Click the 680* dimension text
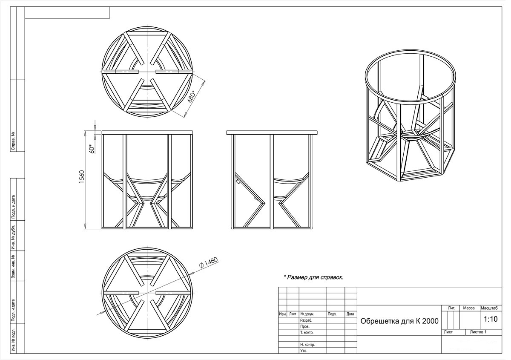coord(192,97)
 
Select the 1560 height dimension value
coord(81,177)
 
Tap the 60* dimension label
coord(92,149)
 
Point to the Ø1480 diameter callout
coord(209,262)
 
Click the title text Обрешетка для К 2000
coord(399,321)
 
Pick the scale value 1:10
coord(491,319)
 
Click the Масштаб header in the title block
coord(489,308)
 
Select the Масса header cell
coord(469,308)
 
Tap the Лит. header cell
coord(451,308)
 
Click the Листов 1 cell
coord(478,332)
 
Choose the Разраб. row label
coord(306,320)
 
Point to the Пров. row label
coord(305,327)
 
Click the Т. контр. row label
coord(307,333)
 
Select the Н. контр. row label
coord(307,345)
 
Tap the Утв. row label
coord(304,351)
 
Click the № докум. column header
coord(307,314)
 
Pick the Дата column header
coord(350,314)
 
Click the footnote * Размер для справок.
coord(313,277)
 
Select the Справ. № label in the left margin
coord(13,141)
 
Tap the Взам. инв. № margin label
coord(13,266)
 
